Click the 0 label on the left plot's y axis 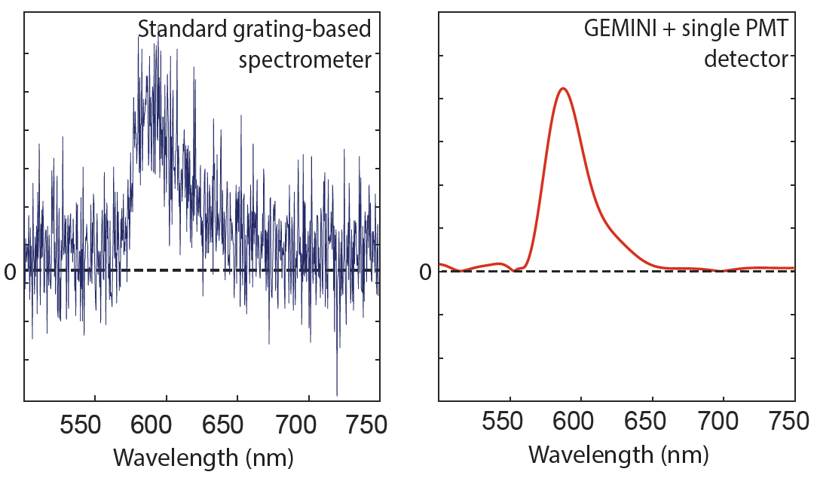pyautogui.click(x=11, y=272)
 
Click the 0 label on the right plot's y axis pyautogui.click(x=426, y=272)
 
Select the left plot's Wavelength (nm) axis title pyautogui.click(x=203, y=457)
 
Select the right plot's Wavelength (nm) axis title pyautogui.click(x=618, y=455)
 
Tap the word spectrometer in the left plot pyautogui.click(x=305, y=60)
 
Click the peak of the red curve pyautogui.click(x=562, y=88)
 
